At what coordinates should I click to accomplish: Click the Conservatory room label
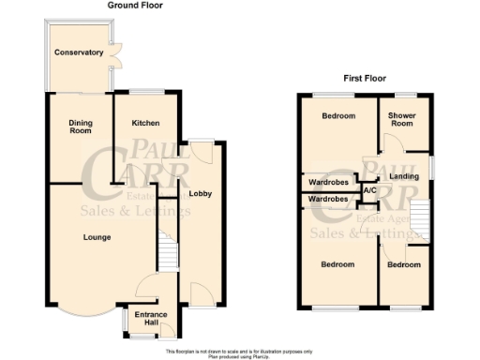tap(78, 52)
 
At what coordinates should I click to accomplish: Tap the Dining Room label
tap(78, 127)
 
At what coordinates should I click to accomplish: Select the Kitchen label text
tap(144, 123)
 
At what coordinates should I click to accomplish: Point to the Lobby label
tap(200, 194)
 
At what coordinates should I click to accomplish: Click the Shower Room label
tap(401, 120)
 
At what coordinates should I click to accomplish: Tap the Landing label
tap(404, 176)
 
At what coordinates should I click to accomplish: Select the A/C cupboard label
tap(369, 191)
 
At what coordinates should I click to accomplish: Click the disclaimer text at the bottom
tap(240, 353)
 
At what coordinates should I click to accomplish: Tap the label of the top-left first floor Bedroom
tap(338, 116)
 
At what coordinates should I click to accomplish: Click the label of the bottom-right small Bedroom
tap(405, 265)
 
